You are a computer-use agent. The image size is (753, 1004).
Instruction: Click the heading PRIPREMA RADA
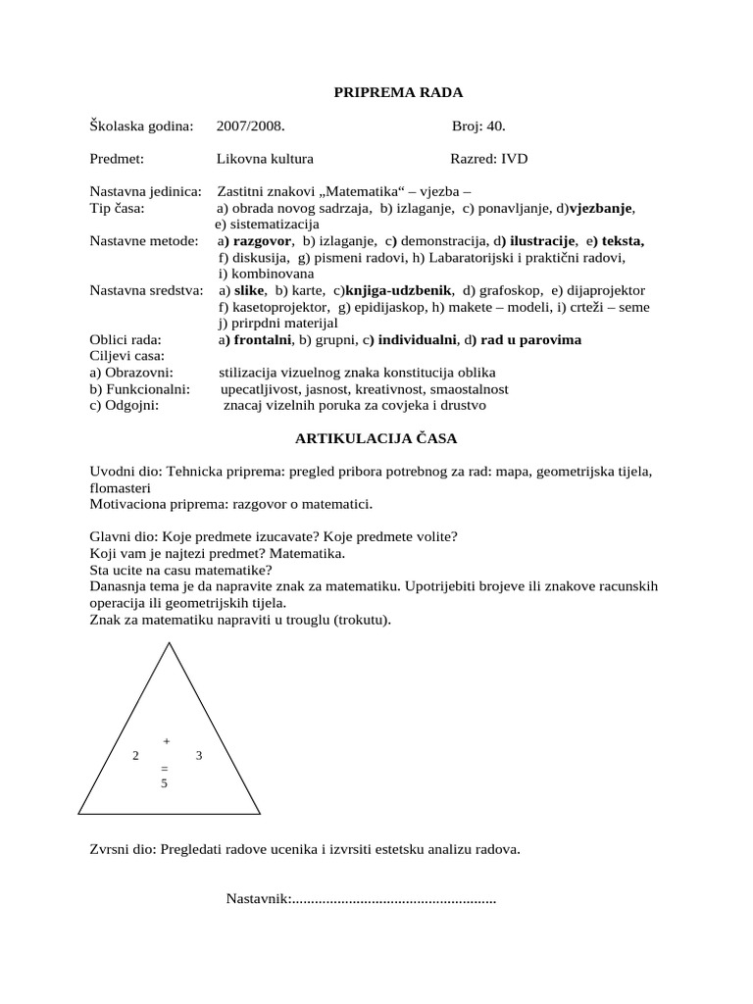pos(398,92)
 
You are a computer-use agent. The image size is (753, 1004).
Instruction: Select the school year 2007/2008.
pos(252,125)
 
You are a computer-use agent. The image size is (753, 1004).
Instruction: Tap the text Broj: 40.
pos(478,125)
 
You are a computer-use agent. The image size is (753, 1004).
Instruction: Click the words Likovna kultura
pos(266,158)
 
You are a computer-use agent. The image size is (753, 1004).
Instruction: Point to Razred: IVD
pos(495,158)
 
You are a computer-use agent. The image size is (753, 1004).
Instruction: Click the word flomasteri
pos(120,488)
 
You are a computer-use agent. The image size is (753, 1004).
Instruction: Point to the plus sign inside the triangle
pos(166,741)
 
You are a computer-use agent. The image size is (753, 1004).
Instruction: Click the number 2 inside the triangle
pos(135,756)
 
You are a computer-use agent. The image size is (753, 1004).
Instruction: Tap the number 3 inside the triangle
pos(199,756)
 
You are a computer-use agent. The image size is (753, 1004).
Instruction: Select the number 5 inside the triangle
pos(165,783)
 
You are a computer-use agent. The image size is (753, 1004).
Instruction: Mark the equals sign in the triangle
pos(165,769)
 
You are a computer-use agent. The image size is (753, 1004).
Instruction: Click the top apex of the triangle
pos(171,643)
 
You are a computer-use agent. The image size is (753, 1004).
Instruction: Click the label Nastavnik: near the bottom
pos(258,899)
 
